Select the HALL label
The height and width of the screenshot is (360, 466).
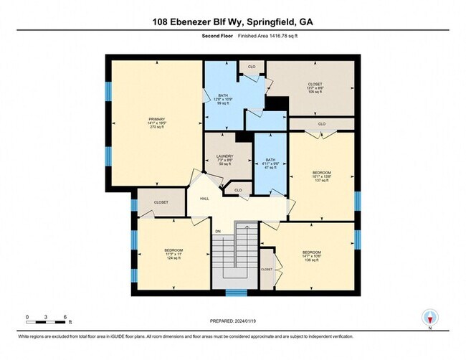[204, 199]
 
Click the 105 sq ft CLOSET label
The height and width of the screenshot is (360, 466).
[315, 87]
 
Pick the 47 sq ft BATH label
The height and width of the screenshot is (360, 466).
[270, 164]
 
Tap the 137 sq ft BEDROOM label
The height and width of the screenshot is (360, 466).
[321, 176]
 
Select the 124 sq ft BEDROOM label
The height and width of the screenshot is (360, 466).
[173, 254]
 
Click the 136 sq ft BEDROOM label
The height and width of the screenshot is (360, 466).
[311, 256]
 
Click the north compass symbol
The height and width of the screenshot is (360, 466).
[430, 317]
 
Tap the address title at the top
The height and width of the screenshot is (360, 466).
[233, 22]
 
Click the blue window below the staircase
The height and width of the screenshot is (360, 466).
[236, 292]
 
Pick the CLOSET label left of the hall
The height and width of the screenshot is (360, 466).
[161, 202]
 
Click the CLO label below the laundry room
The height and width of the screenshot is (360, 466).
[237, 190]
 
